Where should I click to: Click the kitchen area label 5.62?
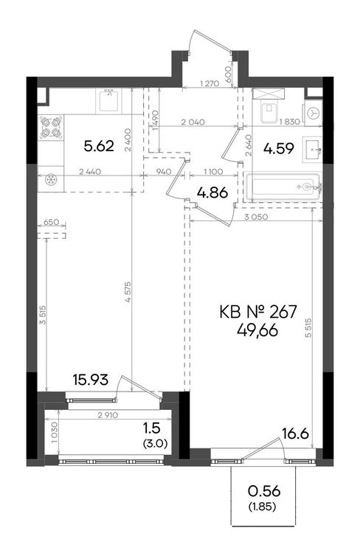click(99, 146)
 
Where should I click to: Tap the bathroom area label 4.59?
click(279, 148)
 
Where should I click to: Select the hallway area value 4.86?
click(212, 192)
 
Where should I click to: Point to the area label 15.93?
click(90, 380)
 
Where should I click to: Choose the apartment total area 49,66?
click(257, 330)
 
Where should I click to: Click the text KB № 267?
click(258, 312)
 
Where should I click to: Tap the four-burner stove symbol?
click(51, 127)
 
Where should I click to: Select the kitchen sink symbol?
click(108, 100)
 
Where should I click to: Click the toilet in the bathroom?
click(270, 112)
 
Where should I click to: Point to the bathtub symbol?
click(283, 187)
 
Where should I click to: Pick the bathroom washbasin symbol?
click(311, 150)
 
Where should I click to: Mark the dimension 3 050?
click(256, 217)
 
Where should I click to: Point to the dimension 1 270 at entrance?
click(210, 83)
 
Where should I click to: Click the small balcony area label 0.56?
click(264, 490)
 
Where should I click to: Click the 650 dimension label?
click(51, 222)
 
